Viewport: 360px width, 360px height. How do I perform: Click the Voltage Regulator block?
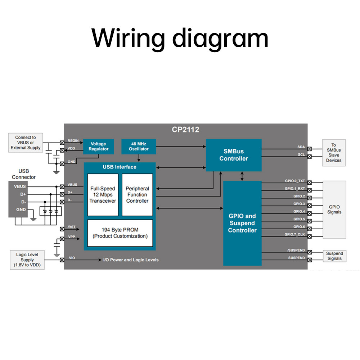(98, 147)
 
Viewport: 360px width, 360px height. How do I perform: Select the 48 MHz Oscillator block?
(139, 147)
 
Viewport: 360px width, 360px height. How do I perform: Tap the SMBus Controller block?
(234, 155)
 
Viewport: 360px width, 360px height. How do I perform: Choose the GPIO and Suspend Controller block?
(242, 223)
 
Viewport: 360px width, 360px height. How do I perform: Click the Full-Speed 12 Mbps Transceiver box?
(103, 195)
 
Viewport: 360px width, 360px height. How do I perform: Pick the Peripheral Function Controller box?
(137, 195)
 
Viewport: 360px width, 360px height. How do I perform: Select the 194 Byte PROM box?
(120, 233)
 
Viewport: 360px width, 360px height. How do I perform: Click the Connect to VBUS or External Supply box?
(26, 143)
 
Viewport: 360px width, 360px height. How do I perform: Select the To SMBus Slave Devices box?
(334, 153)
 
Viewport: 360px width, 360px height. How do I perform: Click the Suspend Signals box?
(334, 256)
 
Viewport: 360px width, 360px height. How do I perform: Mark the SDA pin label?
(301, 147)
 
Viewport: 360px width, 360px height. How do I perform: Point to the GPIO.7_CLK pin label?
(294, 234)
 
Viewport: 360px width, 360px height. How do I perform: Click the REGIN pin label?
(73, 141)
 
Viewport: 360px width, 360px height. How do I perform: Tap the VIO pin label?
(72, 258)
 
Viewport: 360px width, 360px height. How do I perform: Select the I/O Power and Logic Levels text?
(131, 260)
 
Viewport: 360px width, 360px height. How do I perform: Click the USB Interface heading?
(120, 167)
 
